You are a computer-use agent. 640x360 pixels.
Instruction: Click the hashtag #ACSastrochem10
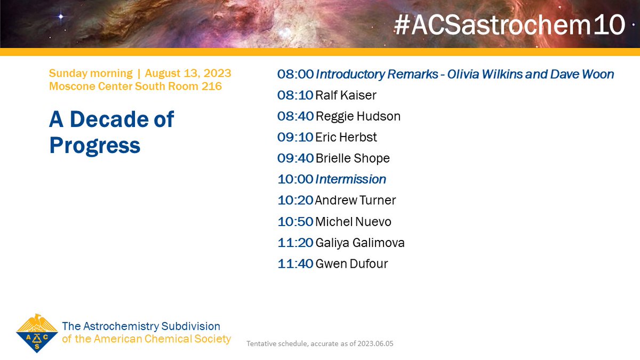click(x=509, y=25)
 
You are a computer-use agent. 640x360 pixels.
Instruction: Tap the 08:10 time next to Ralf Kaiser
click(x=295, y=95)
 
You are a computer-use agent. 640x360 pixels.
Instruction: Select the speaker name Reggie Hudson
click(x=357, y=116)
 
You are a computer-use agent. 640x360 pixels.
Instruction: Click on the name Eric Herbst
click(x=346, y=138)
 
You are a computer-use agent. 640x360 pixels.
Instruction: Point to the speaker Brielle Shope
click(x=352, y=158)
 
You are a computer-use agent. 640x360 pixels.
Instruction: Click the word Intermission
click(x=350, y=179)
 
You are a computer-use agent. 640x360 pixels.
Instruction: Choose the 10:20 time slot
click(x=295, y=201)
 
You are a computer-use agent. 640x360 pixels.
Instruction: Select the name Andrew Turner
click(x=355, y=201)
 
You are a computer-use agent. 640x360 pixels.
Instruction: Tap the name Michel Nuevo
click(x=353, y=221)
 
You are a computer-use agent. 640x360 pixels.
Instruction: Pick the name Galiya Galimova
click(x=359, y=243)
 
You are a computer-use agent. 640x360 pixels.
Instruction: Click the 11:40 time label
click(x=295, y=263)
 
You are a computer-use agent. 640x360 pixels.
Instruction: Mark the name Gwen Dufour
click(x=351, y=263)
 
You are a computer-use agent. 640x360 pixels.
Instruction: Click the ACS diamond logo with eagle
click(x=37, y=333)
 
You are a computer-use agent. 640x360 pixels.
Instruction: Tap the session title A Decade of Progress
click(x=111, y=132)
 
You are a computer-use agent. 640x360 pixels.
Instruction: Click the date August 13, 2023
click(x=188, y=73)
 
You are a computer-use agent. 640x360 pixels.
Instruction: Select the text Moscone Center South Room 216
click(x=135, y=86)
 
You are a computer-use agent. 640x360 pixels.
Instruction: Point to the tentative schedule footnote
click(x=319, y=343)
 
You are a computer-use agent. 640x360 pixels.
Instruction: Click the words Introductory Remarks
click(x=377, y=74)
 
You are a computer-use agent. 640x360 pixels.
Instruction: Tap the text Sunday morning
click(x=90, y=73)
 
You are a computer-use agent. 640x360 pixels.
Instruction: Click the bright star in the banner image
click(x=60, y=17)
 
